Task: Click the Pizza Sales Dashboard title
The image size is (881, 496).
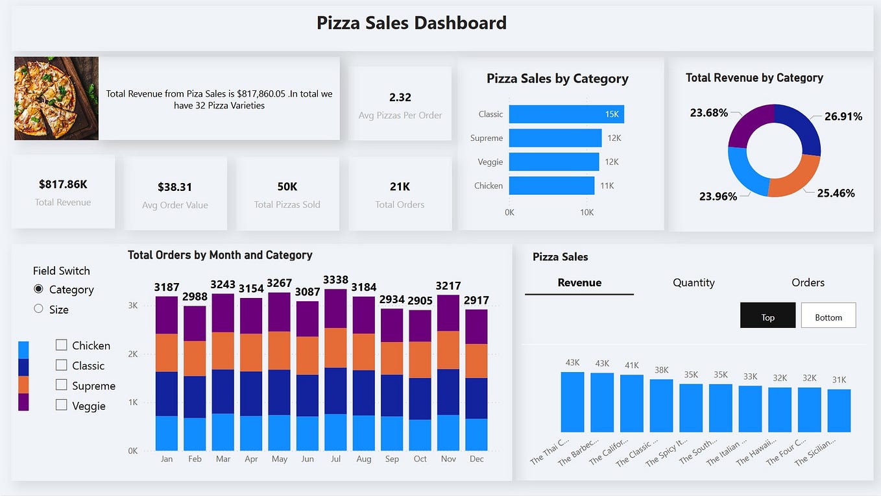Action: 411,23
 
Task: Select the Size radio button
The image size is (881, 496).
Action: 39,309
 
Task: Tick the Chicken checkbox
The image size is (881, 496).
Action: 62,345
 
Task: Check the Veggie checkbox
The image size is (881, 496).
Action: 62,405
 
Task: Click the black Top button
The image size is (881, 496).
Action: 767,316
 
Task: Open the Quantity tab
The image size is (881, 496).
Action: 694,282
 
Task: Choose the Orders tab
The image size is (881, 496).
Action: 808,282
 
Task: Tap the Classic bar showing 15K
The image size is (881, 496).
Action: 566,114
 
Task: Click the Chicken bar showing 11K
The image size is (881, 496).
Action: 551,186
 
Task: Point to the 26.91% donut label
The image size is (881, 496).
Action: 843,117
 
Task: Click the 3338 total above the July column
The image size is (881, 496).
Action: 335,280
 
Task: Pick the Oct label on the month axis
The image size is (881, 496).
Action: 420,459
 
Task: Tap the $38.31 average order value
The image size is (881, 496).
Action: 175,187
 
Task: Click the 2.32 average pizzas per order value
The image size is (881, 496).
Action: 400,97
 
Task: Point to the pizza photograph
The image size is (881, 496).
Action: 56,98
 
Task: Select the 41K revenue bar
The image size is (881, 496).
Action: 631,403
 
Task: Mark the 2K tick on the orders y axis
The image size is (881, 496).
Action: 133,354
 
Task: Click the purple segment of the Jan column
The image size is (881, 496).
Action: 167,315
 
